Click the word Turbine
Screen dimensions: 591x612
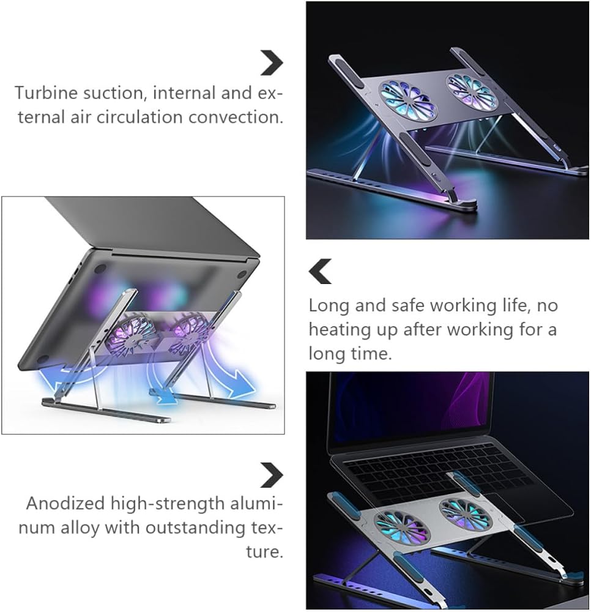coord(45,93)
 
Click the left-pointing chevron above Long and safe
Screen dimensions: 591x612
coord(319,271)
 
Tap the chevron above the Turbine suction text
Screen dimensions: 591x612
coord(272,63)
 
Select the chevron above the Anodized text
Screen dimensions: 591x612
coord(272,476)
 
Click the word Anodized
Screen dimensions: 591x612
coord(65,504)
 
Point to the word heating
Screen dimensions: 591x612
coord(338,330)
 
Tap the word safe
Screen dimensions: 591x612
coord(407,305)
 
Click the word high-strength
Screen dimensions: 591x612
coord(168,504)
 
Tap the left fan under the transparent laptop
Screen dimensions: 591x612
coord(402,529)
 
